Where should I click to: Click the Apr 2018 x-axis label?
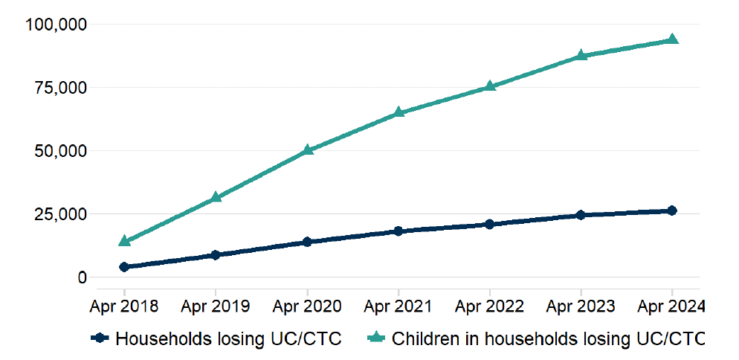[124, 306]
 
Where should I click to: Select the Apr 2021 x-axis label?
[398, 306]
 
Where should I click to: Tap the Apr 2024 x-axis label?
[671, 306]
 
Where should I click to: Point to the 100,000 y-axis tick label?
[57, 25]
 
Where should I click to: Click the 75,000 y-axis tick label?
[60, 88]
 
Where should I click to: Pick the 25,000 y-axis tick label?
[60, 214]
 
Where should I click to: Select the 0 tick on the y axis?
[83, 277]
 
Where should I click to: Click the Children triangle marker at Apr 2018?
[124, 241]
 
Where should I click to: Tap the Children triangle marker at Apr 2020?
[307, 150]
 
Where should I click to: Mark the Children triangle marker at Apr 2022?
[489, 86]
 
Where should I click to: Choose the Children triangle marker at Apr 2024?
[672, 39]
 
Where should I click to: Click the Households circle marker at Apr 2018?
[124, 266]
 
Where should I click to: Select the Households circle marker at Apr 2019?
[216, 254]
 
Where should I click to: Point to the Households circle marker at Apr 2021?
[398, 231]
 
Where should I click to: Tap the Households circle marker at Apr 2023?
[581, 215]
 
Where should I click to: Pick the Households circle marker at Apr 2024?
[672, 210]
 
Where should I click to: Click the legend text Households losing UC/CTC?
[228, 339]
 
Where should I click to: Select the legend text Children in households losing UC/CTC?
[547, 339]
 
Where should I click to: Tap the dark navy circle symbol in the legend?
[101, 339]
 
